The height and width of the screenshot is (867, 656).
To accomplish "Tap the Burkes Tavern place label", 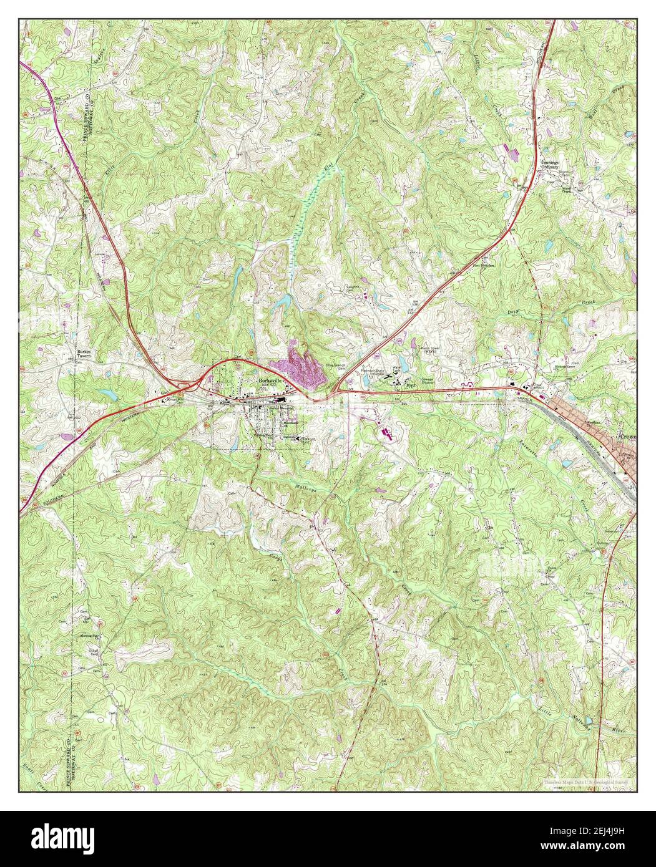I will (x=84, y=354).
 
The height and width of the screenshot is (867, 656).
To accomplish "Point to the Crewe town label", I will (x=627, y=437).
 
